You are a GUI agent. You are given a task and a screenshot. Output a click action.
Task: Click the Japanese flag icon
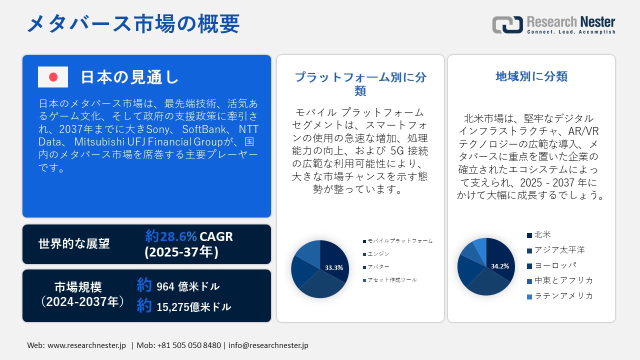(x=53, y=77)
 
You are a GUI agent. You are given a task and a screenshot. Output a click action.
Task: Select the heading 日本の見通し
(x=129, y=77)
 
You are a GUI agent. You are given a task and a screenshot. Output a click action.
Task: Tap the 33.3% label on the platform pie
(x=334, y=267)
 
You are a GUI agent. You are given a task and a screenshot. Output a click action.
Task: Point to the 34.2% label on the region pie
(x=500, y=266)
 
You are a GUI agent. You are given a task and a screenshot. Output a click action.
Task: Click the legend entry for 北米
(x=542, y=234)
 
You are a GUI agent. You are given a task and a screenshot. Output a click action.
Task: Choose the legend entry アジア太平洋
(x=559, y=250)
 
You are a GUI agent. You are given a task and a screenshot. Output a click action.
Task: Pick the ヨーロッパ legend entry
(x=555, y=265)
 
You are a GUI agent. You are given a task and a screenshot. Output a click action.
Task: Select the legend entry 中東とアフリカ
(x=563, y=280)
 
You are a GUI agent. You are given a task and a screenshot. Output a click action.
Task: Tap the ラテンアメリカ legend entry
(x=563, y=295)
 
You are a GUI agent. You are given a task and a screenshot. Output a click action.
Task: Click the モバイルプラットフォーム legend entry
(x=399, y=241)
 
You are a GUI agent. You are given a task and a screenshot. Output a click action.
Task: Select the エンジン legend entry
(x=378, y=254)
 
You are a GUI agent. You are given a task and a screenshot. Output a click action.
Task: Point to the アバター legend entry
(x=378, y=267)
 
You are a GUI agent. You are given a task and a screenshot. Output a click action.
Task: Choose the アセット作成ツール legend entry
(x=392, y=280)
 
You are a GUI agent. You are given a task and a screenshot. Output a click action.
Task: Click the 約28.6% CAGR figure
(x=189, y=236)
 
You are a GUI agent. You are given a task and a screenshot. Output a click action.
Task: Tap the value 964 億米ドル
(x=187, y=286)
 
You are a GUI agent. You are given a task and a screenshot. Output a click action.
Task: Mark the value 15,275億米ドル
(x=193, y=307)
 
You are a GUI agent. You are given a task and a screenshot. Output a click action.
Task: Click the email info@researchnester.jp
(x=268, y=345)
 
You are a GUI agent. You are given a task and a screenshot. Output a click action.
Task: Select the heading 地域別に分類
(x=531, y=76)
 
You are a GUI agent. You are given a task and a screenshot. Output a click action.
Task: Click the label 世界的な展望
(x=74, y=244)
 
